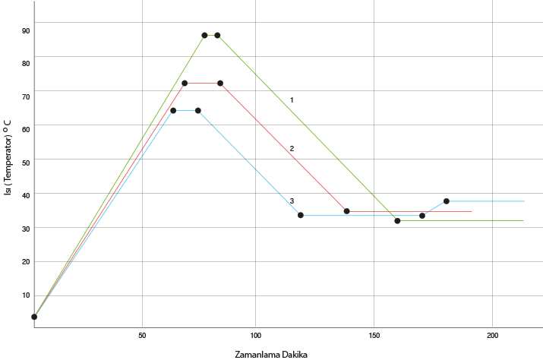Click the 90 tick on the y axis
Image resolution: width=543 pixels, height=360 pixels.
click(x=26, y=31)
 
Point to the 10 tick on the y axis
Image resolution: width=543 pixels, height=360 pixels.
click(x=26, y=295)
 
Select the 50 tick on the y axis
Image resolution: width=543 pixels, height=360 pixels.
click(x=26, y=163)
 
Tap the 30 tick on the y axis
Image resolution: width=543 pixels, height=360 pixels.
click(x=26, y=229)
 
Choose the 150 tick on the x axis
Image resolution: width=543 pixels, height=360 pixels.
click(x=374, y=334)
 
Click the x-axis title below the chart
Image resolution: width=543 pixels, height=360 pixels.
click(x=271, y=354)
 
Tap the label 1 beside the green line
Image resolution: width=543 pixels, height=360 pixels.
click(x=292, y=100)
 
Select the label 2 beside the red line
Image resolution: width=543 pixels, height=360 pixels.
click(x=292, y=148)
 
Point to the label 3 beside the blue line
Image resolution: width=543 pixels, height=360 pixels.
click(x=292, y=201)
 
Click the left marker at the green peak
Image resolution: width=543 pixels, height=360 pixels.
click(x=204, y=35)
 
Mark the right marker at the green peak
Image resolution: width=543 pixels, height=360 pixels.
click(x=218, y=35)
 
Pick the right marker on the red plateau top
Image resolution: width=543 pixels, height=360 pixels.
click(x=220, y=83)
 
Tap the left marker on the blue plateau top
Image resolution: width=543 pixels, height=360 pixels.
click(x=173, y=111)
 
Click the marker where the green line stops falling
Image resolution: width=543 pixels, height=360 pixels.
click(x=397, y=220)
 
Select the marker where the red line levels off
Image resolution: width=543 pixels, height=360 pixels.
click(x=346, y=211)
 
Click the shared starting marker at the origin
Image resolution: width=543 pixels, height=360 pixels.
click(x=34, y=317)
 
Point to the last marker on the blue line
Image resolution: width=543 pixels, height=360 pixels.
click(x=447, y=201)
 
